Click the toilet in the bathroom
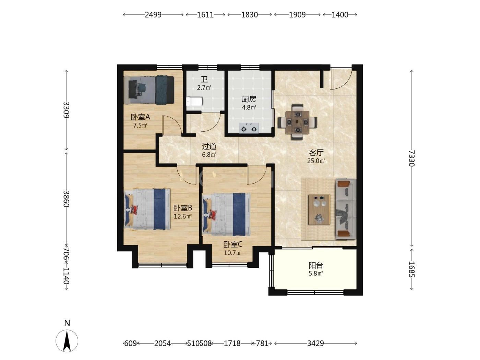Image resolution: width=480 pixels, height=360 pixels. [x=194, y=101]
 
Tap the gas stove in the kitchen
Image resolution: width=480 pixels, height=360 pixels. [x=249, y=128]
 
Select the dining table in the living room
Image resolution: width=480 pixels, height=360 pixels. [x=297, y=122]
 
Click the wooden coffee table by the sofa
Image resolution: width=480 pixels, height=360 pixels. [x=319, y=209]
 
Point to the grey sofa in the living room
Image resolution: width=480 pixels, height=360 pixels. [x=346, y=209]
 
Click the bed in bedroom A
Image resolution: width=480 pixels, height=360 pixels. [x=149, y=90]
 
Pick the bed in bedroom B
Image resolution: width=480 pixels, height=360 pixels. [x=147, y=209]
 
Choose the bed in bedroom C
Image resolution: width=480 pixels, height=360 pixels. [x=226, y=214]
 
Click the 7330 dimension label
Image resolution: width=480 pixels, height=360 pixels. [x=411, y=158]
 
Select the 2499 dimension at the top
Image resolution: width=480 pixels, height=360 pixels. [x=153, y=15]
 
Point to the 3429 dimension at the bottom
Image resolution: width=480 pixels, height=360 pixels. [x=315, y=344]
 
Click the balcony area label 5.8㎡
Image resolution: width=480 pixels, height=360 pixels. [x=316, y=274]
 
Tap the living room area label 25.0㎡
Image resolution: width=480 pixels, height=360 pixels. [x=316, y=161]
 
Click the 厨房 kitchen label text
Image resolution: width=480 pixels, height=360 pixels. [x=249, y=99]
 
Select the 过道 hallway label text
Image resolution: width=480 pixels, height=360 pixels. [x=209, y=146]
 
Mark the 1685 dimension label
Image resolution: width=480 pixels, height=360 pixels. [x=411, y=269]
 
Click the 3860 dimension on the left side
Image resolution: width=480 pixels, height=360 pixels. [x=66, y=199]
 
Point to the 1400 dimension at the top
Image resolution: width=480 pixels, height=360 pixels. [x=340, y=15]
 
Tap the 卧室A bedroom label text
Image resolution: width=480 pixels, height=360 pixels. [x=140, y=117]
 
